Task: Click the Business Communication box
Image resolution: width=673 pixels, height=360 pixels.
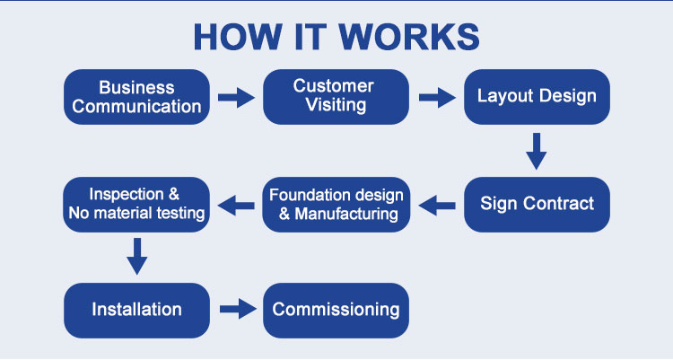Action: coord(136,97)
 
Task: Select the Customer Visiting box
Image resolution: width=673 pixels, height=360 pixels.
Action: coord(336,97)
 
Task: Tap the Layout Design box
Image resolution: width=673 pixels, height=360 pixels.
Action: coord(537,97)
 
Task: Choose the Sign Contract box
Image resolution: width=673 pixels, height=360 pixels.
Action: coord(537,205)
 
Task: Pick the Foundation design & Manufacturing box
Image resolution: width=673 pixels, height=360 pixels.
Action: coord(336,205)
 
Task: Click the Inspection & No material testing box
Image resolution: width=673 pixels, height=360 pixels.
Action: coord(136,205)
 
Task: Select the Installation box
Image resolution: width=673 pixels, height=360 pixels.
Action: coord(136,310)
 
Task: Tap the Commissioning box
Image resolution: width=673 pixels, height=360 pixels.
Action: coord(336,310)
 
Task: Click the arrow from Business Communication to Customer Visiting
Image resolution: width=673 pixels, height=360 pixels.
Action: coord(236,98)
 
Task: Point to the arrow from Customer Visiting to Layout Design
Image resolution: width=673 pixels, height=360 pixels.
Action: coord(437,98)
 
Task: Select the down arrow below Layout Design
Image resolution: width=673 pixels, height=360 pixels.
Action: coord(536,151)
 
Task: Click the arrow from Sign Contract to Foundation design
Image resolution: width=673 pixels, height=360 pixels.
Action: coord(437,206)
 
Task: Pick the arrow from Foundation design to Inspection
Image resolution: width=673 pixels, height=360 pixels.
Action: coord(236,206)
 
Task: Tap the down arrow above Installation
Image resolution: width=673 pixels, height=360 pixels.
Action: coord(137,257)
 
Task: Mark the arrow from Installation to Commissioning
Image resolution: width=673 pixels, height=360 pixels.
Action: coord(238,309)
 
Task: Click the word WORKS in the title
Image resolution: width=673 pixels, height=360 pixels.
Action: coord(409,37)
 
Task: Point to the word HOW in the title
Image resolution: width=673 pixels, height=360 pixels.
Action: coord(238,37)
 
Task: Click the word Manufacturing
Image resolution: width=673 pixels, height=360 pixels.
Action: coord(346,214)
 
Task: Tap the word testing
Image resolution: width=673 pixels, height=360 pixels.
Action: coord(180,213)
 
